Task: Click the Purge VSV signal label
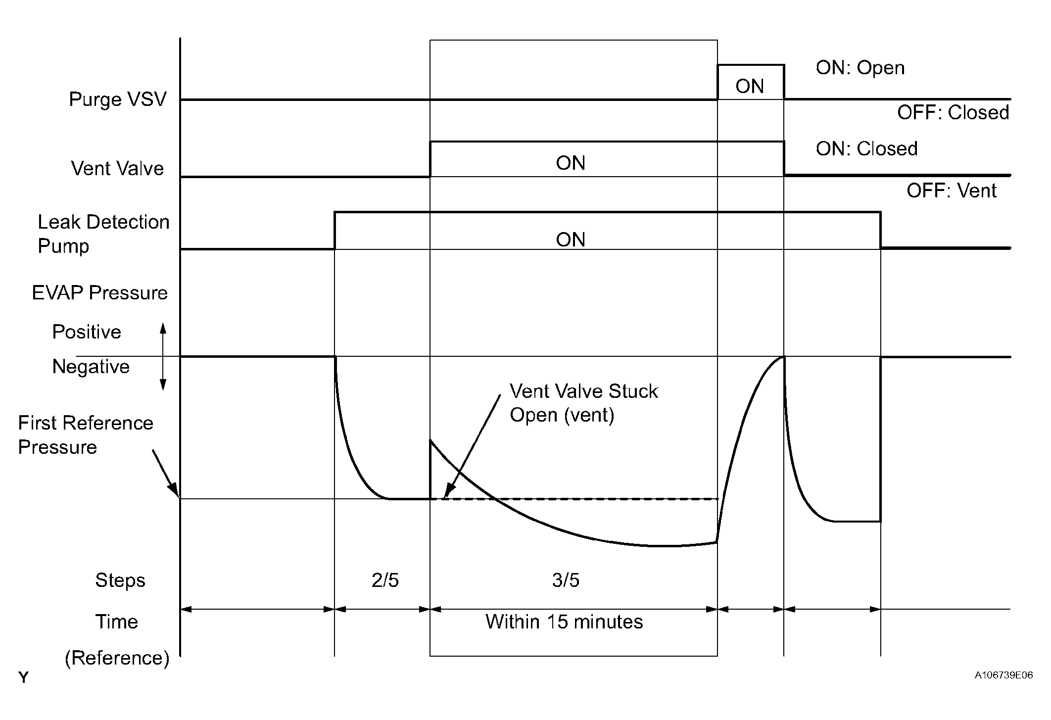[x=118, y=99]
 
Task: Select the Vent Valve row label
[x=117, y=169]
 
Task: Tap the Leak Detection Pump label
[x=103, y=234]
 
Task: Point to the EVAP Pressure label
[x=100, y=293]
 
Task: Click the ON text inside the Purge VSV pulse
[x=750, y=87]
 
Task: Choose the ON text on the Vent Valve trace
[x=571, y=163]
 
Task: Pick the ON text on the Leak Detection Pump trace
[x=571, y=240]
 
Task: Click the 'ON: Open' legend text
[x=860, y=68]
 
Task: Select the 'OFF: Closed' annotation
[x=953, y=113]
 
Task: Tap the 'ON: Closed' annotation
[x=866, y=148]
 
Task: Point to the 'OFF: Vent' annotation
[x=951, y=191]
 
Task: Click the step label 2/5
[x=385, y=580]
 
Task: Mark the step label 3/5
[x=566, y=580]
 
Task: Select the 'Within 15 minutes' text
[x=564, y=622]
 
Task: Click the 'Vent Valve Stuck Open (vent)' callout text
[x=583, y=403]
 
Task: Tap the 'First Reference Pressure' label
[x=86, y=435]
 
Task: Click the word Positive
[x=87, y=332]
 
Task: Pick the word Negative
[x=91, y=367]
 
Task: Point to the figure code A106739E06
[x=1003, y=675]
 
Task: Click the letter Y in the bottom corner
[x=23, y=678]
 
